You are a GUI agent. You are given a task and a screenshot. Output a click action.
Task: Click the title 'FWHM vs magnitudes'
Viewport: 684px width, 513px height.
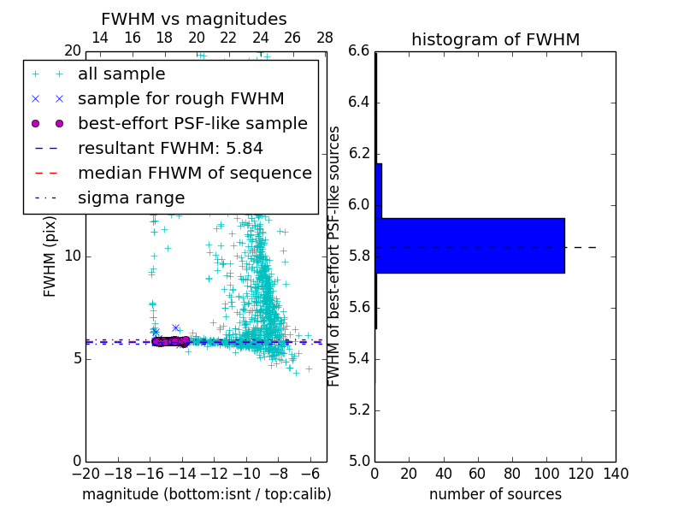(194, 20)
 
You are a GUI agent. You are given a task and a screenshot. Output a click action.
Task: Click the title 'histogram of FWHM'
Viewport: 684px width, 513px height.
(495, 39)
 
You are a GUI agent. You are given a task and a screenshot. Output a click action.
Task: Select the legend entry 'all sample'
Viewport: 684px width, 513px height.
(121, 74)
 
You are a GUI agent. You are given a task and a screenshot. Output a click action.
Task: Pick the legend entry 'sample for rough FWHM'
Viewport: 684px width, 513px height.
(180, 99)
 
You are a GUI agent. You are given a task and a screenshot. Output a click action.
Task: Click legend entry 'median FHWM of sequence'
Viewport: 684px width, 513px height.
(194, 174)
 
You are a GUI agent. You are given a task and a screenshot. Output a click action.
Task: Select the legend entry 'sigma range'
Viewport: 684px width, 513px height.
(131, 198)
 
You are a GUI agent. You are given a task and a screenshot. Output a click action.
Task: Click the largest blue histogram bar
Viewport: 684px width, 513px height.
(469, 245)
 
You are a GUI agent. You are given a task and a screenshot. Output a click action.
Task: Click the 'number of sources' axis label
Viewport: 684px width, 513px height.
(495, 494)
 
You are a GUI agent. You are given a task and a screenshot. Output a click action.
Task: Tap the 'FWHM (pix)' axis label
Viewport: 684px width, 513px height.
(50, 256)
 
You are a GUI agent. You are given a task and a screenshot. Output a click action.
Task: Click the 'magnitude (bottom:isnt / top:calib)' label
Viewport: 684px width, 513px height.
(206, 494)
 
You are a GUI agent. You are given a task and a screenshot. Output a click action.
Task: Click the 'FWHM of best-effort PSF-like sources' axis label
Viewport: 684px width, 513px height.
(335, 256)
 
